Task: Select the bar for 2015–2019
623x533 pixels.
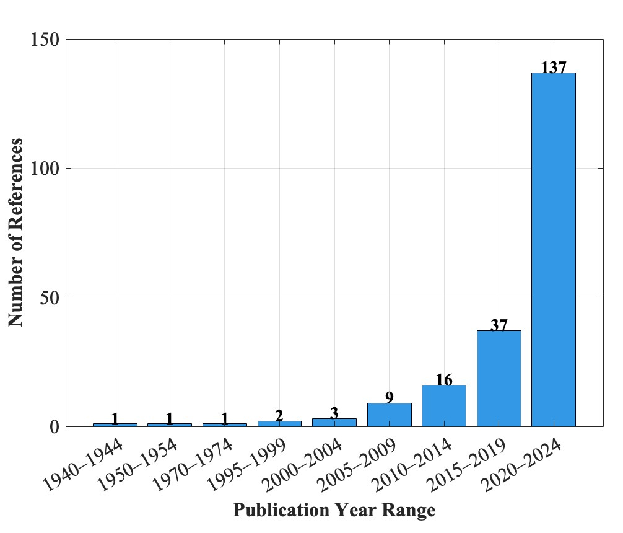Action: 499,378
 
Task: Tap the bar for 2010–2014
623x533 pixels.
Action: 443,405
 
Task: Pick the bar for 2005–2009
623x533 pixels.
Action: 389,415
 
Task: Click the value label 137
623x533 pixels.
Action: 553,67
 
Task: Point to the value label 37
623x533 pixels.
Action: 499,325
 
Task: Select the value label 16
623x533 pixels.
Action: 443,379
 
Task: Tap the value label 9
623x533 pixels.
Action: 389,397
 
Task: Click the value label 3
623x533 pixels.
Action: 334,413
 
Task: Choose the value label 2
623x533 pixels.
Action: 279,415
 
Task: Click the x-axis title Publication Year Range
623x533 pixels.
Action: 334,511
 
